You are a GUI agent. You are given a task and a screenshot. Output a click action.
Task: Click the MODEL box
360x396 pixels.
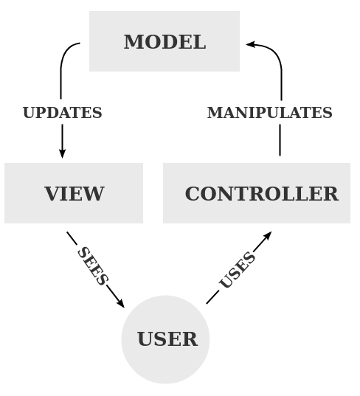(x=164, y=41)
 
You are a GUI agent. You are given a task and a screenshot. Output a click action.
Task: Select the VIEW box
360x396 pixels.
(x=74, y=193)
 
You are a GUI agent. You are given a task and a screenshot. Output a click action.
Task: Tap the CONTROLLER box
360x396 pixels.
(x=257, y=193)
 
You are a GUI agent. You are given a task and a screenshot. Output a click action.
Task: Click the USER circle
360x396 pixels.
(x=166, y=339)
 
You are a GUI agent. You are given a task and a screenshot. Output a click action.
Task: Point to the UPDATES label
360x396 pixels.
(x=62, y=113)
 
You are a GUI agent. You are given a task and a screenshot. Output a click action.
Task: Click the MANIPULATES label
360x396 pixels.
(x=269, y=113)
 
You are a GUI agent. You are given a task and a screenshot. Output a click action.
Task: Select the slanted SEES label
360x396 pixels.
(x=92, y=266)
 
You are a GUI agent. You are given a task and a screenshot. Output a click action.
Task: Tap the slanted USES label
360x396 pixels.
(x=238, y=271)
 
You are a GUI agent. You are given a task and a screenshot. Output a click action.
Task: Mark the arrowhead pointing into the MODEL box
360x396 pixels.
(x=251, y=44)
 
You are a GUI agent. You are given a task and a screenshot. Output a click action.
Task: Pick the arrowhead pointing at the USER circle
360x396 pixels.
(x=120, y=303)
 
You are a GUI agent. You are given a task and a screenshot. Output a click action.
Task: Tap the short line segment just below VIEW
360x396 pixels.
(x=72, y=237)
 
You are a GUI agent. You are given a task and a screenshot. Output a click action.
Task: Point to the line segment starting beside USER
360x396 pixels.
(x=212, y=296)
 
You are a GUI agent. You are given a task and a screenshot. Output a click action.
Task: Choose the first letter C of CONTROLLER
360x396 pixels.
(x=193, y=194)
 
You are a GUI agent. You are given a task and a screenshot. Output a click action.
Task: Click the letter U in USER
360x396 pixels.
(x=145, y=339)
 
